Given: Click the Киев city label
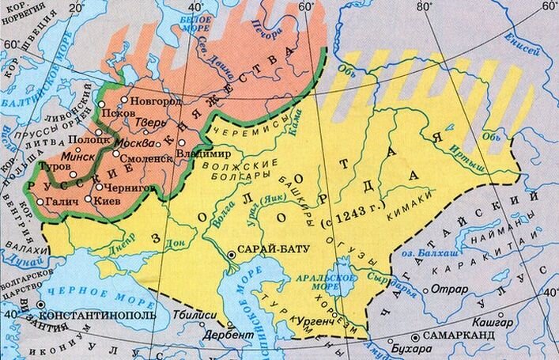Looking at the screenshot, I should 109,201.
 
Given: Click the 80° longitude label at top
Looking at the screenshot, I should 425,7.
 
